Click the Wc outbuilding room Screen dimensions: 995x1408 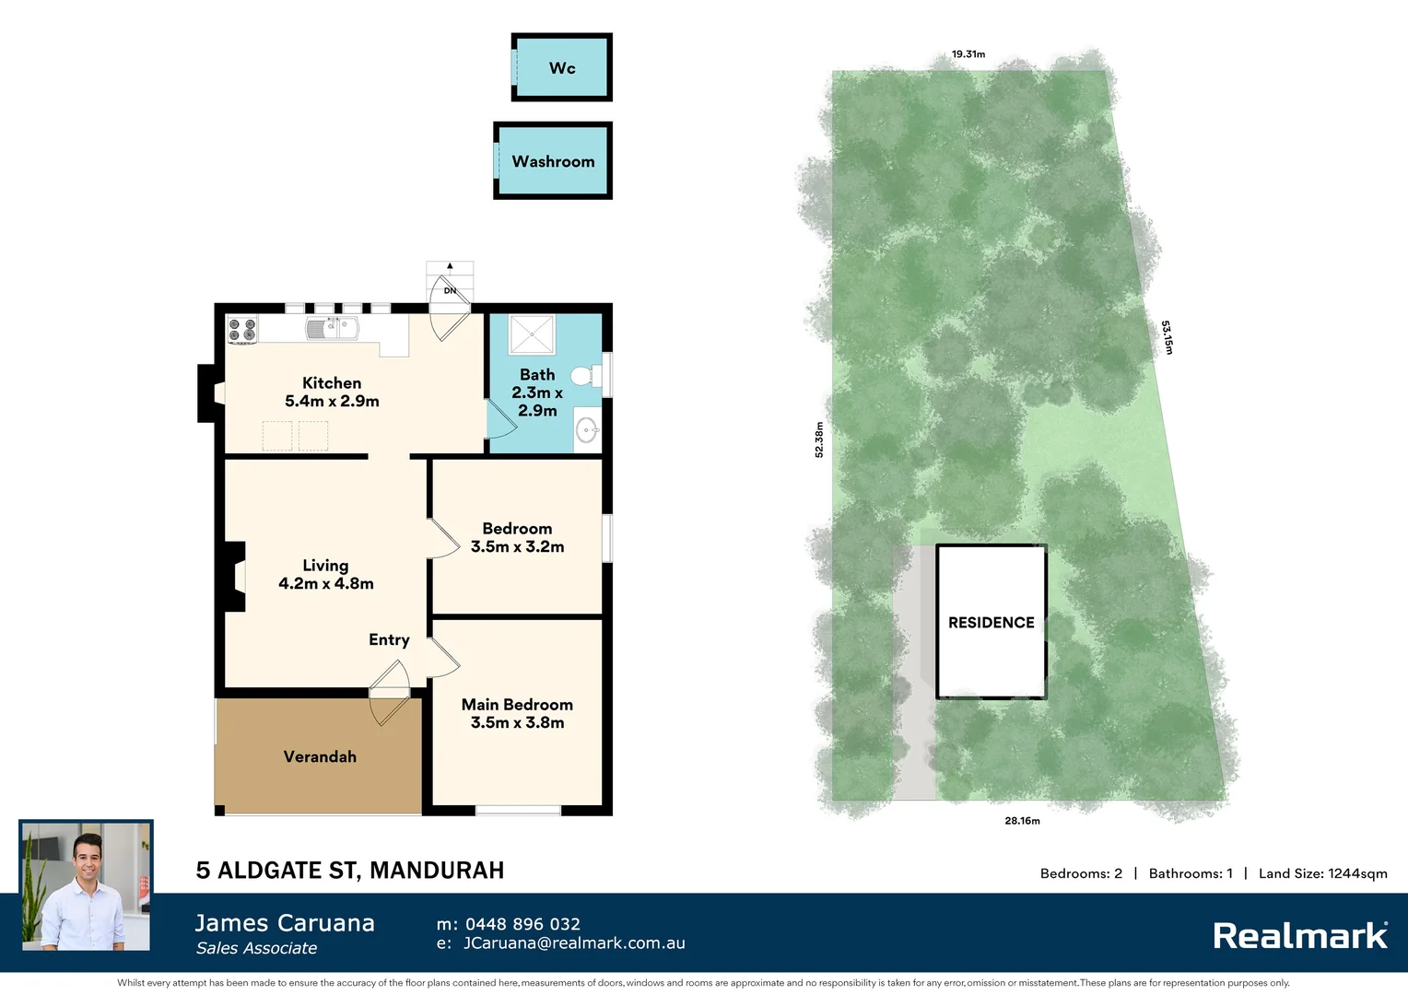pos(562,67)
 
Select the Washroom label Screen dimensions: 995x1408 pos(553,161)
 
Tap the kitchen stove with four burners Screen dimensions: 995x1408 pos(242,330)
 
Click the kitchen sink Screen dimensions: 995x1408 pos(333,328)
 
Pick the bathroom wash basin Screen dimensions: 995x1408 pos(586,430)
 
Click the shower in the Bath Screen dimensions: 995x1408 pos(532,334)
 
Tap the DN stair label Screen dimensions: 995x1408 pos(450,290)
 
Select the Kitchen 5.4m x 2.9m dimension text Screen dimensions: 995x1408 pos(332,401)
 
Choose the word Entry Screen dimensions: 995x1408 pos(389,639)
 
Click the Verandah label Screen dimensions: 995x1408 pos(320,756)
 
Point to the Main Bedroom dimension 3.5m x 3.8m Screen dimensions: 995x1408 pos(517,722)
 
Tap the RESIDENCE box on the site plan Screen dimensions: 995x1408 pos(991,622)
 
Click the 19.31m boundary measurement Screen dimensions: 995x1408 pos(968,54)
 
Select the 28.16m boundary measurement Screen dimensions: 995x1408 pos(1022,820)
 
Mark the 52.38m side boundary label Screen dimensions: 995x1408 pos(819,439)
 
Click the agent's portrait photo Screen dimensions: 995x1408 pos(86,886)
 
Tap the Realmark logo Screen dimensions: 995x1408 pos(1299,936)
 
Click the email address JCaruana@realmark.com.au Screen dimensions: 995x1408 pos(573,943)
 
